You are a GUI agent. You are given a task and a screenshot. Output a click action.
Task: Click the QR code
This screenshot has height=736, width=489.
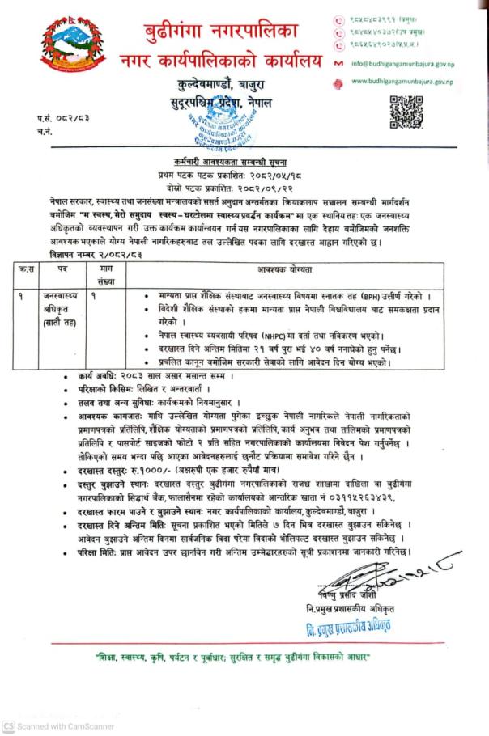coord(405,111)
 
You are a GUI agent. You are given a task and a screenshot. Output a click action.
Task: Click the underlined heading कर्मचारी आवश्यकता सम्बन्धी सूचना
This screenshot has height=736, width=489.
coord(243,163)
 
